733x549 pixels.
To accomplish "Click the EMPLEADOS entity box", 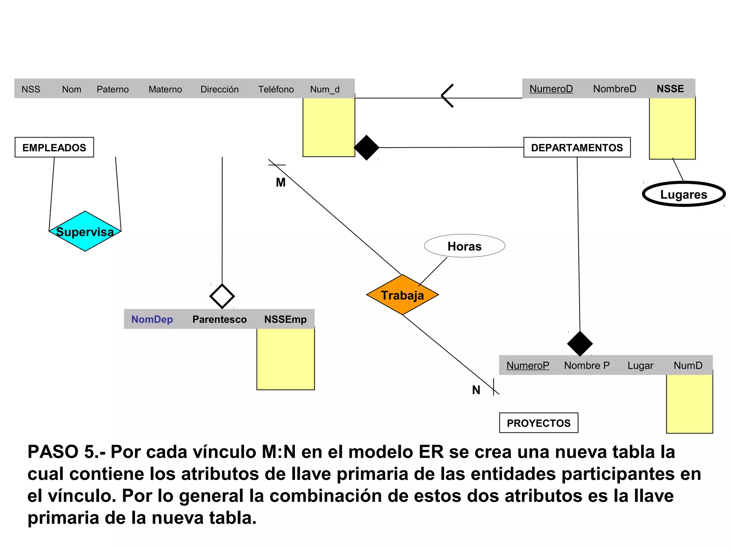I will [54, 147].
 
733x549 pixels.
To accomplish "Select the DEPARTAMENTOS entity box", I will [577, 147].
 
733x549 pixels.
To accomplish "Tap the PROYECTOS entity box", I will [539, 423].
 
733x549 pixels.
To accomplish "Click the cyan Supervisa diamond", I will [85, 232].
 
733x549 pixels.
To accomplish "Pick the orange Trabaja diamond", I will [402, 295].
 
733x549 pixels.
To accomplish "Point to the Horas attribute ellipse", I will [465, 246].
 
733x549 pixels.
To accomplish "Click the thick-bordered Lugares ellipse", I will [684, 194].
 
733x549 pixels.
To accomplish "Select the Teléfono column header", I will [276, 89].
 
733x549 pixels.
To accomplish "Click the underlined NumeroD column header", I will [551, 89].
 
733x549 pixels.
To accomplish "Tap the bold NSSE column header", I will [670, 89].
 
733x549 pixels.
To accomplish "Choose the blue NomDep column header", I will [152, 319].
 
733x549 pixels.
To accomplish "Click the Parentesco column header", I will [219, 319].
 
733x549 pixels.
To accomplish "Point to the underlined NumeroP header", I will [528, 365].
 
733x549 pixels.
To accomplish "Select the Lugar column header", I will [640, 365].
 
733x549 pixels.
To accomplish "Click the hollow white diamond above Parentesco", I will [222, 296].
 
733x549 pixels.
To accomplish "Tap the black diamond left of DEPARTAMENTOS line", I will [366, 147].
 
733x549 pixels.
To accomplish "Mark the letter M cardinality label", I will [281, 183].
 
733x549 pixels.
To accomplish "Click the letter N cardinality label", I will [476, 390].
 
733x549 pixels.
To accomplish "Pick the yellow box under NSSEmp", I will [286, 359].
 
